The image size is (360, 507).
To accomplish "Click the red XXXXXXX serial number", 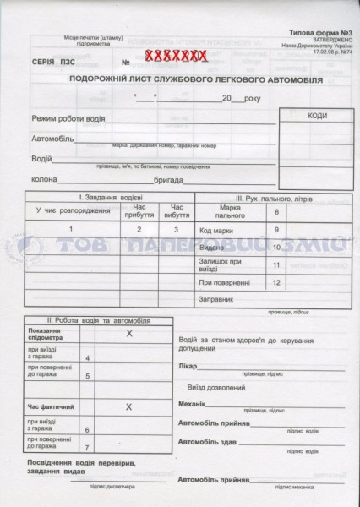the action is click(175, 57).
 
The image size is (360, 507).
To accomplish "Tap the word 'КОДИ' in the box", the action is click(318, 116).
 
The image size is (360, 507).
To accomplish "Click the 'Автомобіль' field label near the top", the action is click(52, 138).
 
